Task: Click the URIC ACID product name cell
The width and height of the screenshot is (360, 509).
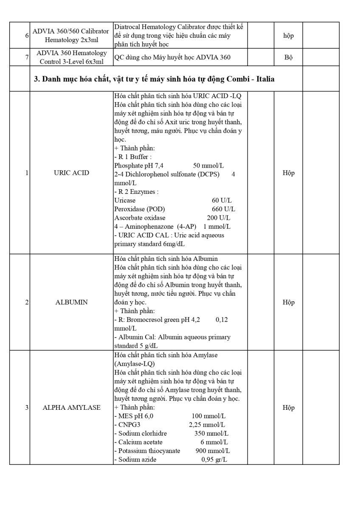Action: tap(72, 173)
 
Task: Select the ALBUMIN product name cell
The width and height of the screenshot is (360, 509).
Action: tap(72, 302)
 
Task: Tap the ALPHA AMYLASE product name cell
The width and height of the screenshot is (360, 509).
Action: tap(72, 408)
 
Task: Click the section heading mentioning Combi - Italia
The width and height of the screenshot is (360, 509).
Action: tap(154, 79)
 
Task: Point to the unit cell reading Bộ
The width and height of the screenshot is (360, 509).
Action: tap(288, 57)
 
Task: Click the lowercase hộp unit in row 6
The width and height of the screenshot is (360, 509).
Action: tap(288, 36)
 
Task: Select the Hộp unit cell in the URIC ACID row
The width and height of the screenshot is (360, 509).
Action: tap(288, 173)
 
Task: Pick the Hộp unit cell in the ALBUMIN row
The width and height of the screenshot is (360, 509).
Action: tap(288, 302)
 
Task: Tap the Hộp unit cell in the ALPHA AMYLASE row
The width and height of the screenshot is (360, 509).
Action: tap(288, 408)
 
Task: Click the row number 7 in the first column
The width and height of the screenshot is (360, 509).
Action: tap(27, 57)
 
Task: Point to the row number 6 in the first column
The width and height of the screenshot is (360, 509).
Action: tap(27, 36)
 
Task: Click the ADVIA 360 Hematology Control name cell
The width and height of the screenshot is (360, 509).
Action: tap(72, 57)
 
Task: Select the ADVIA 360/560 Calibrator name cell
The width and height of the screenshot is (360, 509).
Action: tap(72, 36)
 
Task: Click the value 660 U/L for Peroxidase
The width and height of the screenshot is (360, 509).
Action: tap(224, 209)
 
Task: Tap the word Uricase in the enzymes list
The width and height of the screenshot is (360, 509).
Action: tap(125, 200)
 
